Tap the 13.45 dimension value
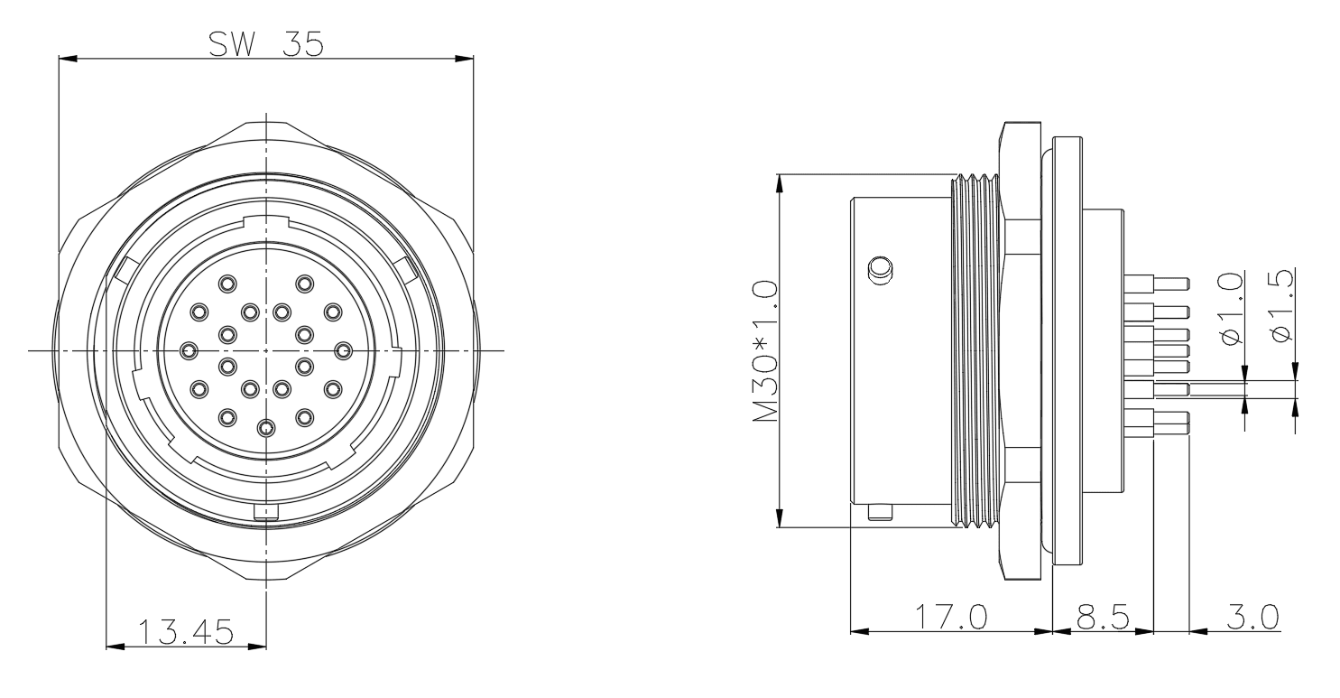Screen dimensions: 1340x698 click(186, 632)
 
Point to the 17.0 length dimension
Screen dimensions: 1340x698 click(951, 618)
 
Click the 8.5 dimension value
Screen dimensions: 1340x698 click(1103, 618)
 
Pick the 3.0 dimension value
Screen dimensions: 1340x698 click(1252, 618)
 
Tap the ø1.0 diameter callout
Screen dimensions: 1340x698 click(1231, 308)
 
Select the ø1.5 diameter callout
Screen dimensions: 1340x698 click(1280, 306)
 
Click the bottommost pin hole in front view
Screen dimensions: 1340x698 click(266, 428)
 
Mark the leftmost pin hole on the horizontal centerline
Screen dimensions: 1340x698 click(189, 350)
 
